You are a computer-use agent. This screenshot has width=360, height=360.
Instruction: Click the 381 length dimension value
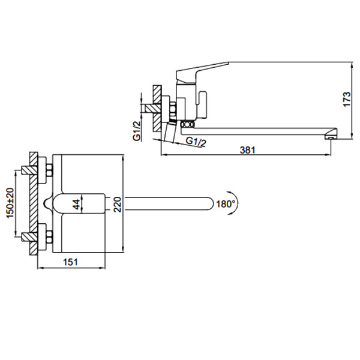(x=247, y=150)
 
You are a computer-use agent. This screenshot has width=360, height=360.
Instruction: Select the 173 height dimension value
(x=347, y=99)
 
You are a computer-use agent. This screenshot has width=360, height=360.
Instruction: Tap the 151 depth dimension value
(x=70, y=262)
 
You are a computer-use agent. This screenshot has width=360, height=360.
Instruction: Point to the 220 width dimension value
(x=118, y=204)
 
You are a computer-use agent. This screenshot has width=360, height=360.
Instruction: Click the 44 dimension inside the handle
(x=78, y=204)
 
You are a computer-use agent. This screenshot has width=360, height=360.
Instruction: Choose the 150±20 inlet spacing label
(x=10, y=203)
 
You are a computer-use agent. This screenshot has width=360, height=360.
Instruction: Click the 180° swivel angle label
(x=226, y=203)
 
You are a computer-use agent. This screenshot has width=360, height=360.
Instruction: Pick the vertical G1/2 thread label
(x=137, y=131)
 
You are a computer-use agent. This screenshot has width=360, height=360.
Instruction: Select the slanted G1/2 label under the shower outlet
(x=196, y=142)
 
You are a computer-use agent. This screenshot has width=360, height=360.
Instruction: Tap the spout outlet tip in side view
(x=331, y=137)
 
